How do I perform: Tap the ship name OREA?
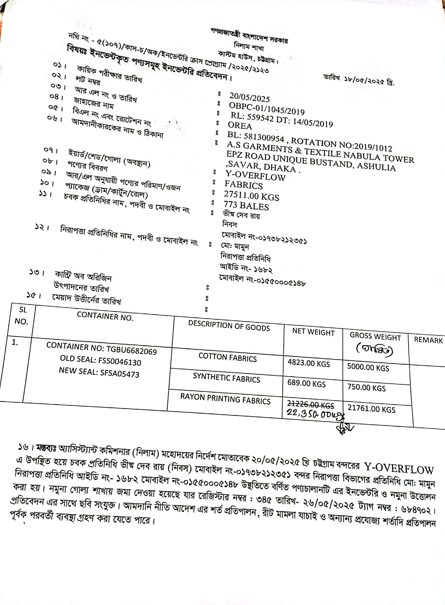(x=240, y=125)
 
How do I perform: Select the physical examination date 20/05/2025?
(x=249, y=97)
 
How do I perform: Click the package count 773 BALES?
(x=246, y=206)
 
